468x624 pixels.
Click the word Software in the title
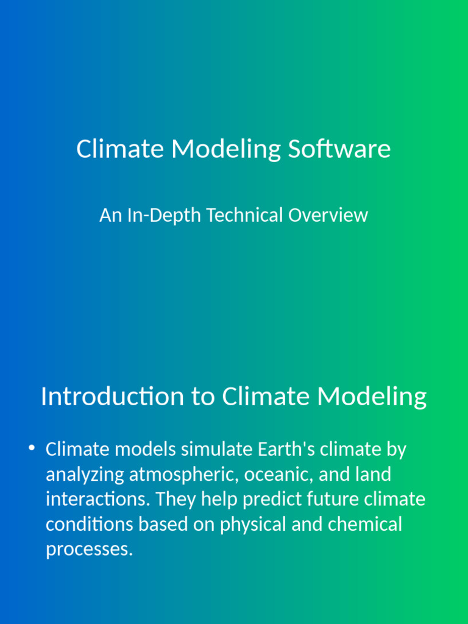click(339, 149)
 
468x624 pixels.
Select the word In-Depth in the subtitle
click(164, 216)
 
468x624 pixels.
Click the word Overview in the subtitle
click(328, 215)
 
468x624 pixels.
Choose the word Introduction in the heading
click(112, 396)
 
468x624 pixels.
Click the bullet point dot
click(32, 448)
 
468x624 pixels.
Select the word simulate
click(216, 449)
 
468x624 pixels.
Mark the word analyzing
click(85, 475)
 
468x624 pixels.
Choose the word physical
click(253, 525)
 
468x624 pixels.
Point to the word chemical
click(365, 523)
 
